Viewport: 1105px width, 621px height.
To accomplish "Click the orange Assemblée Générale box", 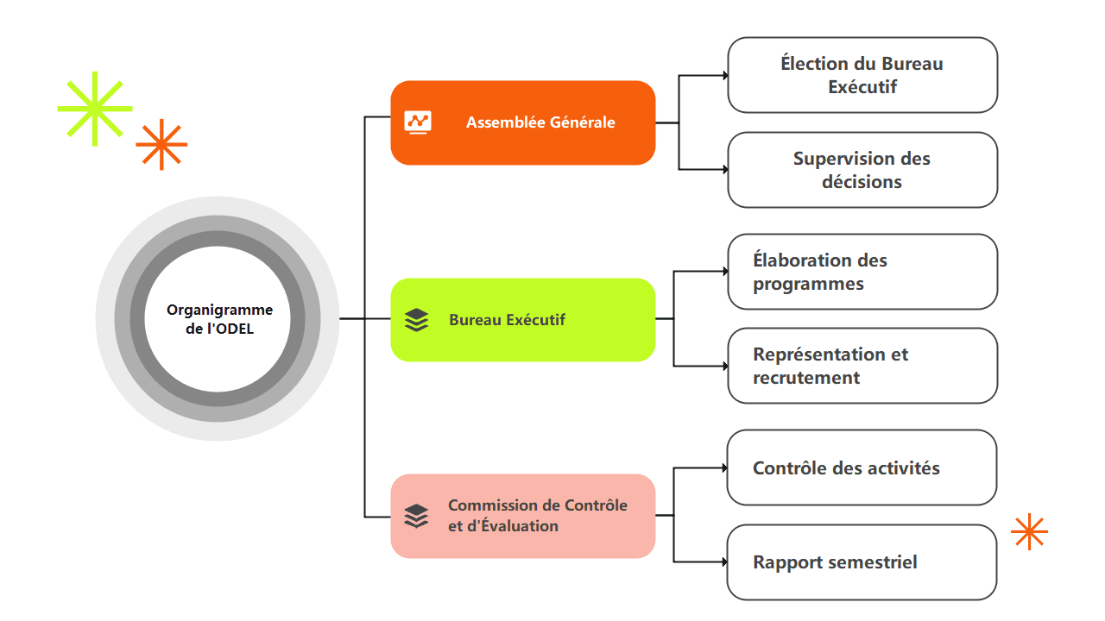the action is (x=523, y=122).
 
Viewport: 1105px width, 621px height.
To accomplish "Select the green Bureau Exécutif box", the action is (x=523, y=320).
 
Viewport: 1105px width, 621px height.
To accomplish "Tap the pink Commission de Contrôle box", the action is (x=523, y=516).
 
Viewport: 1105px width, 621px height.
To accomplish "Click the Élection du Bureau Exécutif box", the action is (x=862, y=75).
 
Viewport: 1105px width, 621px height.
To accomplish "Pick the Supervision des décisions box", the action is (x=862, y=170).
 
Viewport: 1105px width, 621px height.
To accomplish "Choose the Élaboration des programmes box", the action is (x=862, y=272).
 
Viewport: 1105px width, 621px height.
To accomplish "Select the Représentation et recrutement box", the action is (x=862, y=366).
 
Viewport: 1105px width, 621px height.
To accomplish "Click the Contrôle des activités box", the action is (x=862, y=467).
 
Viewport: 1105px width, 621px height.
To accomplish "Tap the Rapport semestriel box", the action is (x=862, y=562).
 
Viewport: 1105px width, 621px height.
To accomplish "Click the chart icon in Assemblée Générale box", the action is (x=418, y=122).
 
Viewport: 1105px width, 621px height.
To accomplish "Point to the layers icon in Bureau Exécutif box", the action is (x=416, y=320).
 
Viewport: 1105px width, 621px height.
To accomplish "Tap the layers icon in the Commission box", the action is (x=416, y=516).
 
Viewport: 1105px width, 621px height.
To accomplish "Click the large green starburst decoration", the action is (x=95, y=109).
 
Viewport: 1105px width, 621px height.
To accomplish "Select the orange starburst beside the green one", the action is (x=161, y=144).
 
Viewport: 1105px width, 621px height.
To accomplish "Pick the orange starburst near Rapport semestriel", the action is (x=1030, y=532).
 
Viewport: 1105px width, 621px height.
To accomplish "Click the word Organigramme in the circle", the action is (x=219, y=310).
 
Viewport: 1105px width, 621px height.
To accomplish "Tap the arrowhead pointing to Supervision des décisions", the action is (x=726, y=170).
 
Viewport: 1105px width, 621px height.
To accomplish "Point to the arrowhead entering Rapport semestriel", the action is (x=725, y=561).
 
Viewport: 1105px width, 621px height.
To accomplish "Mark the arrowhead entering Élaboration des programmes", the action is (x=726, y=271).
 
